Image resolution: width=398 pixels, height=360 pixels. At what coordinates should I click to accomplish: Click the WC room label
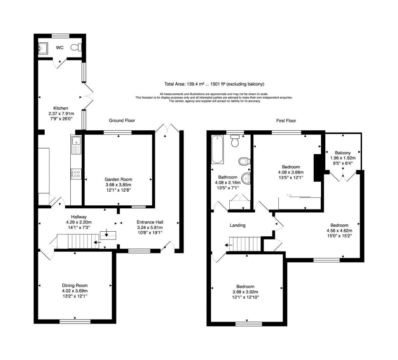click(59, 48)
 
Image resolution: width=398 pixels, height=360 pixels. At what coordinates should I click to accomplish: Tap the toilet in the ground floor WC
click(76, 47)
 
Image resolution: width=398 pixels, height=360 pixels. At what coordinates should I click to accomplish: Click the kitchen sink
click(76, 145)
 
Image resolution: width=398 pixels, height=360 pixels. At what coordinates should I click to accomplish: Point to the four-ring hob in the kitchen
click(76, 174)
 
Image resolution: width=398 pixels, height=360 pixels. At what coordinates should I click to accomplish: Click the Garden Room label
click(118, 179)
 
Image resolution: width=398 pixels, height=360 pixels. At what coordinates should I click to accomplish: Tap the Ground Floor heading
click(122, 121)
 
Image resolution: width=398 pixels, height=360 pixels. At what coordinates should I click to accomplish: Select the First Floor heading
click(286, 121)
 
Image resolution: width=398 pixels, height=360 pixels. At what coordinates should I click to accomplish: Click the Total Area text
click(214, 84)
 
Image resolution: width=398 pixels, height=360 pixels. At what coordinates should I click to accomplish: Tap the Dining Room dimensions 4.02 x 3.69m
click(75, 291)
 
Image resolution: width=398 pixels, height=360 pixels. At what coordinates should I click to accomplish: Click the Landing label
click(237, 225)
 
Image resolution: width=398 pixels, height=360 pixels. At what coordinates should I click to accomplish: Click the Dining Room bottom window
click(75, 321)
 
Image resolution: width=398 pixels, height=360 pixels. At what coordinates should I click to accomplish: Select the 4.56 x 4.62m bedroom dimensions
click(339, 231)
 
